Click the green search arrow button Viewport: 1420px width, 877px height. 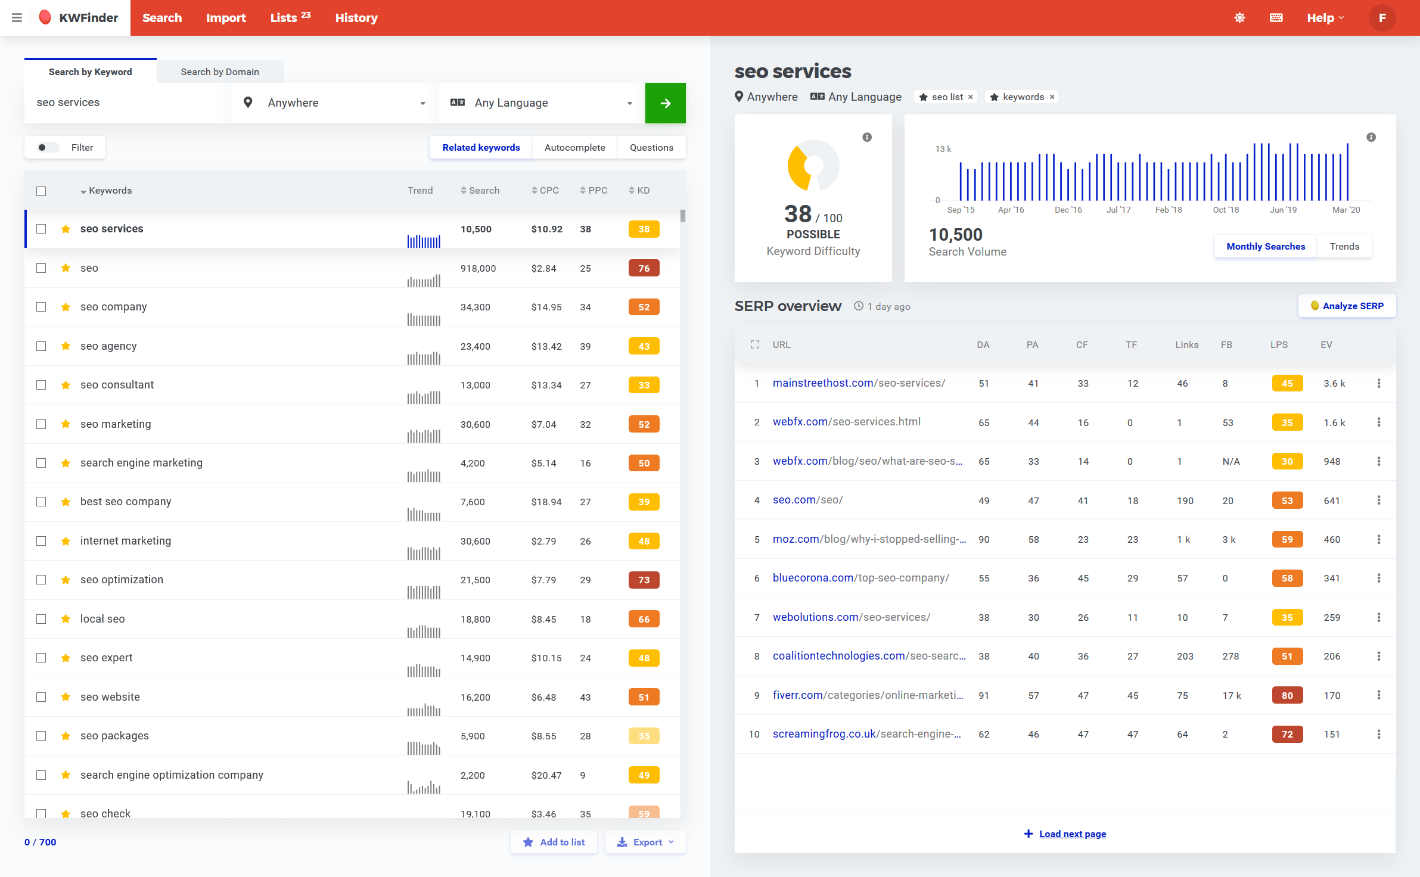pyautogui.click(x=665, y=103)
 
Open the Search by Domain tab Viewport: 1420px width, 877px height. pyautogui.click(x=219, y=72)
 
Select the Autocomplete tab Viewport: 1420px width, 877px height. pyautogui.click(x=574, y=148)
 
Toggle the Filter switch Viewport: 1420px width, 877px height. pyautogui.click(x=47, y=148)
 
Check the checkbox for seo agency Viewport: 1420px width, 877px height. pyautogui.click(x=41, y=346)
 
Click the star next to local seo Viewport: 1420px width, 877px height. pyautogui.click(x=66, y=619)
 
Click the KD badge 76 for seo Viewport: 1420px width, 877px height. pyautogui.click(x=644, y=268)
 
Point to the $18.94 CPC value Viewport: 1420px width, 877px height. pyautogui.click(x=546, y=502)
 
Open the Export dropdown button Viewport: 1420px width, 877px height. pyautogui.click(x=646, y=842)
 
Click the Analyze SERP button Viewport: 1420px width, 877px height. pyautogui.click(x=1347, y=306)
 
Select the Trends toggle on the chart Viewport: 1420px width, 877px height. pyautogui.click(x=1344, y=247)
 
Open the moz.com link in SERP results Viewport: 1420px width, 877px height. pyautogui.click(x=869, y=539)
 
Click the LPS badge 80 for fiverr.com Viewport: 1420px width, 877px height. pyautogui.click(x=1287, y=695)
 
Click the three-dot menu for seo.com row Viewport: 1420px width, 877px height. pyautogui.click(x=1378, y=500)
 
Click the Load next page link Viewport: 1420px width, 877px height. pyautogui.click(x=1072, y=834)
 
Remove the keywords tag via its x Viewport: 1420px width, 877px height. pyautogui.click(x=1052, y=97)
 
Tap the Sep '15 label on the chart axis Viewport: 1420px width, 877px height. pyautogui.click(x=960, y=210)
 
